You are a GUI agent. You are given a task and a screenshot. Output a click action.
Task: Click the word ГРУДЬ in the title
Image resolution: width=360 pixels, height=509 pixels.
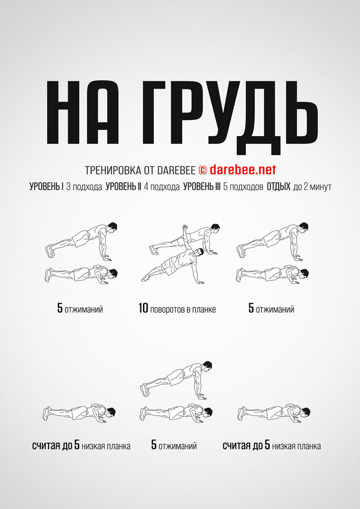(230, 115)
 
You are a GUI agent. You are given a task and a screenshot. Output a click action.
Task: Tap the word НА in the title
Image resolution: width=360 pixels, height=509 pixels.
(83, 112)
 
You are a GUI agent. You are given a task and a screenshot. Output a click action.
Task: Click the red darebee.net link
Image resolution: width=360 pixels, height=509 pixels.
(243, 170)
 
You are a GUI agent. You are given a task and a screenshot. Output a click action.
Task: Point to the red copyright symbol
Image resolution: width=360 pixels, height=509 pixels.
(203, 170)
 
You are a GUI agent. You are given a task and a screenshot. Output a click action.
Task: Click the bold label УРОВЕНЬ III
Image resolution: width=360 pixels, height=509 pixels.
(202, 187)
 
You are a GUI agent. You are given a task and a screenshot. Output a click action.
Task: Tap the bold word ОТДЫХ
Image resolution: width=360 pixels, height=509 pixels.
(279, 187)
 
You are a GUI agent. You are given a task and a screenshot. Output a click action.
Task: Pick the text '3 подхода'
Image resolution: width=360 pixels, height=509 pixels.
(84, 187)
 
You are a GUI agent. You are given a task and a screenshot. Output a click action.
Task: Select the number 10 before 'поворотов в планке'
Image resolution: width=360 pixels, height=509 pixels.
(143, 308)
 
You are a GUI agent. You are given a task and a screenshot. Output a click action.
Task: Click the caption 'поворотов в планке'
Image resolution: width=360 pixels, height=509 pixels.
(183, 310)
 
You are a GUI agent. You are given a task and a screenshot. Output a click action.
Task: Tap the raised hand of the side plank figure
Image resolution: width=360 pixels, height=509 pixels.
(185, 227)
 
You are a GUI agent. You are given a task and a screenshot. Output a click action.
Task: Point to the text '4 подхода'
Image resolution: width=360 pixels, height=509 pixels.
(162, 187)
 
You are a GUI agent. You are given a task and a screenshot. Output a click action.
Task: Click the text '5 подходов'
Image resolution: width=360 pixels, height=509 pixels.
(243, 187)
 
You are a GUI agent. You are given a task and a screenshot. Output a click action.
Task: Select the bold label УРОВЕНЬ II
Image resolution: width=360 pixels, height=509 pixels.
(123, 187)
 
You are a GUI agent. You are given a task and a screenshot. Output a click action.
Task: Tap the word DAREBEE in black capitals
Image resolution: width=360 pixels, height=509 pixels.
(176, 170)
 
